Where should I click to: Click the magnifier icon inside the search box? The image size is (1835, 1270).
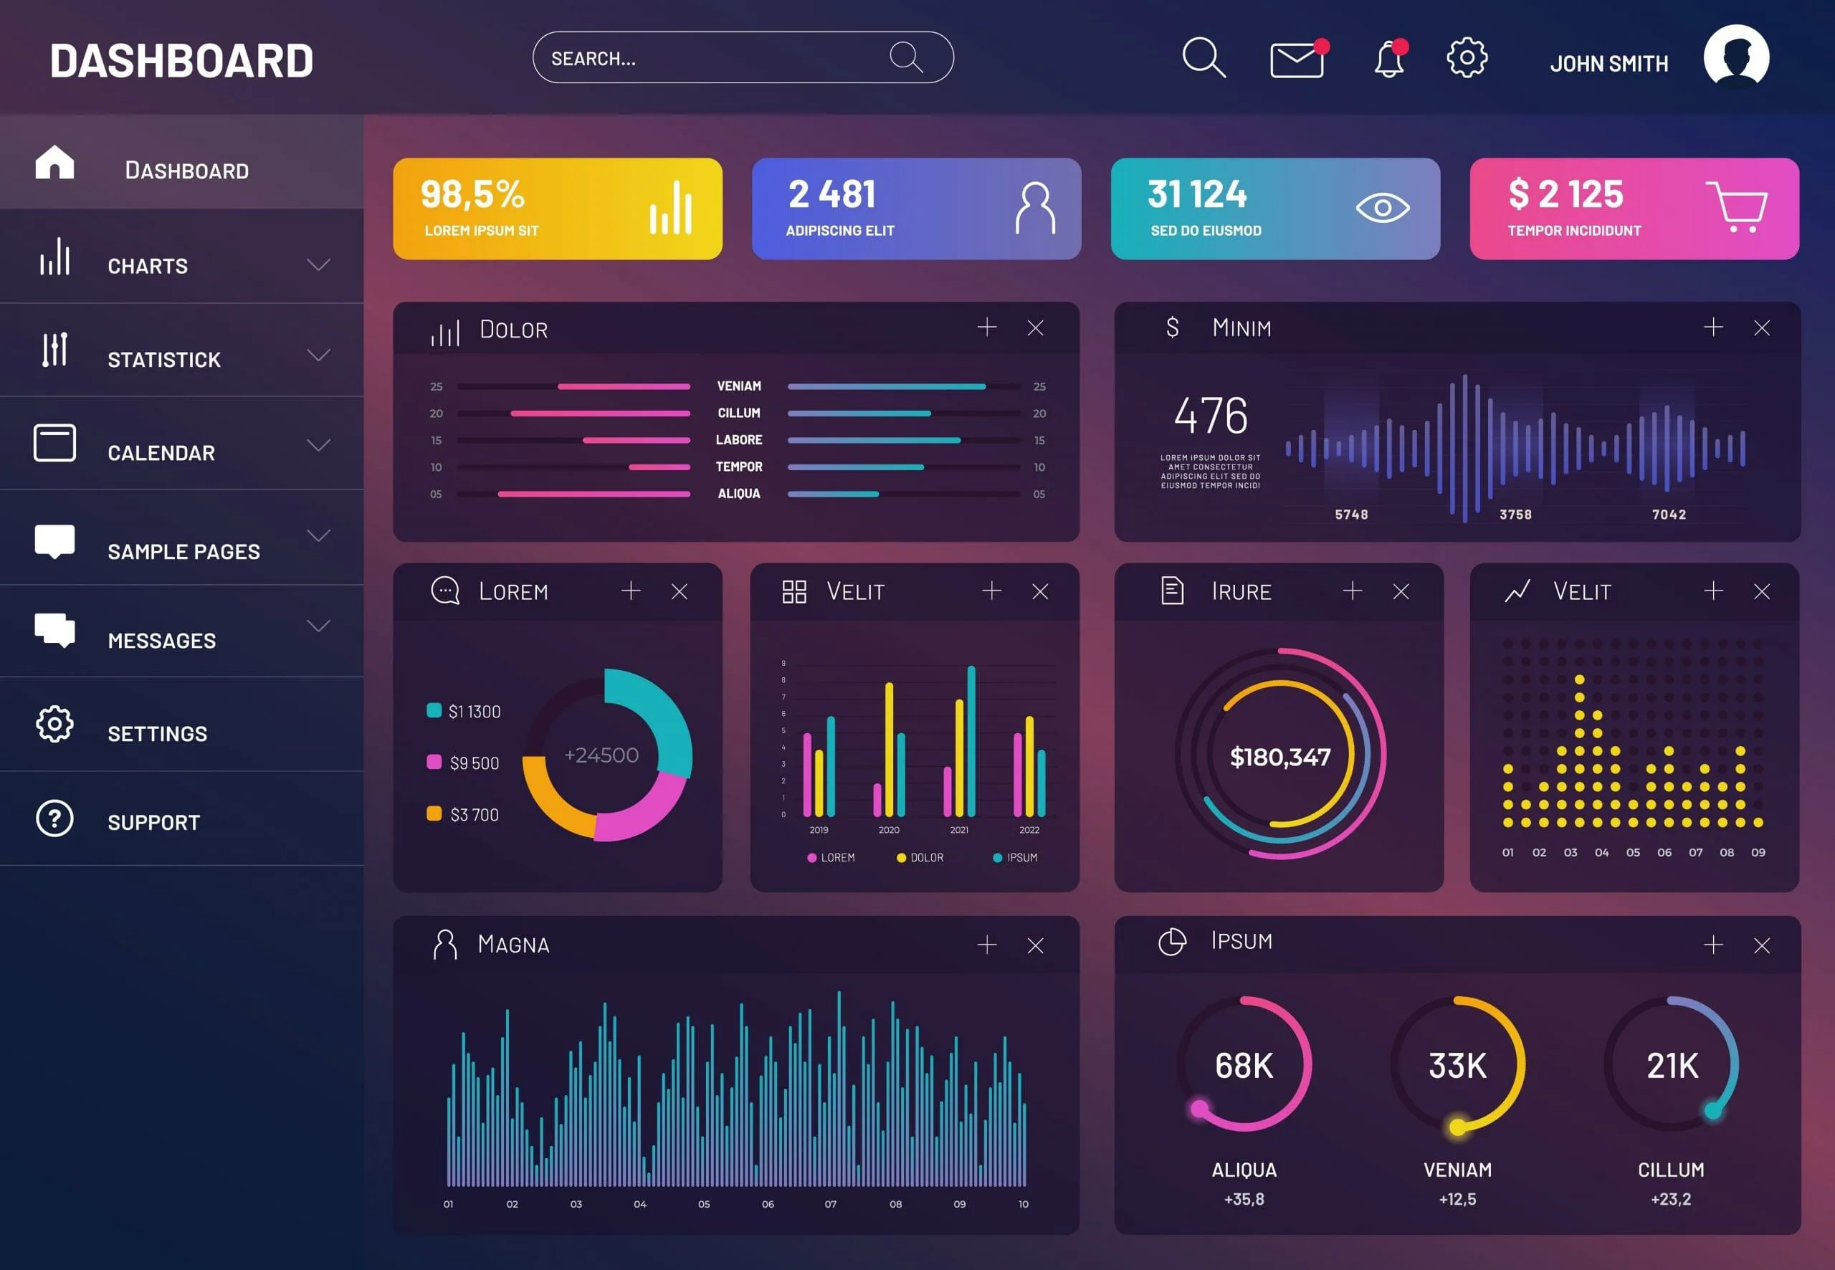coord(905,57)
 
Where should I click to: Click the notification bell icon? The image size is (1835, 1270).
coord(1389,59)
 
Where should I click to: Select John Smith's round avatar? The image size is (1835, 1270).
coord(1736,57)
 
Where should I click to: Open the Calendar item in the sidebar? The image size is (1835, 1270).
coord(161,453)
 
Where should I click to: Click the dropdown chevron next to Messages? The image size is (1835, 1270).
coord(318,626)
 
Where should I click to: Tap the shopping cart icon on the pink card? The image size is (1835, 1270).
coord(1737,207)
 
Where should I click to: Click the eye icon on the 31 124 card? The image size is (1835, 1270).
coord(1382,209)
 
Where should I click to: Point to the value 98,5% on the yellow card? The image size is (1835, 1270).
coord(472,194)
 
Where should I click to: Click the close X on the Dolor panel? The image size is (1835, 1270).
coord(1035,328)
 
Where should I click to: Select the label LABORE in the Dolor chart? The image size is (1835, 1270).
coord(738,440)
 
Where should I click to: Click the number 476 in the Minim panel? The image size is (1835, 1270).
coord(1211,416)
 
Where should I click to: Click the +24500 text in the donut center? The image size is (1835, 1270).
coord(601,755)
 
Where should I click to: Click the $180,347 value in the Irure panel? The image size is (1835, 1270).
coord(1279,757)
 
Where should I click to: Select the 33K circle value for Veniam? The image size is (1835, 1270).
coord(1457,1066)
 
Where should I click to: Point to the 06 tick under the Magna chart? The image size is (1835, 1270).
coord(767,1204)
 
